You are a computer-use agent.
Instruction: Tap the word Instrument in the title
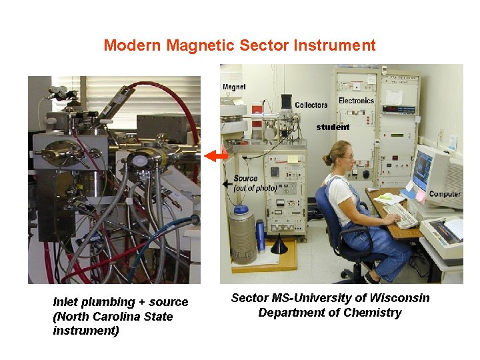(339, 45)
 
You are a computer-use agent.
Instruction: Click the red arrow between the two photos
(215, 156)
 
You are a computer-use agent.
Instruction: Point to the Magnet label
(234, 87)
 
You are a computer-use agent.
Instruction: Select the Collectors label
(311, 105)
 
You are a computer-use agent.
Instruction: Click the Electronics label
(356, 101)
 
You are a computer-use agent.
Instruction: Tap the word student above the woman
(333, 127)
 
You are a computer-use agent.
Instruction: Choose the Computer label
(444, 194)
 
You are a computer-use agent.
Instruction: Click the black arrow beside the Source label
(227, 181)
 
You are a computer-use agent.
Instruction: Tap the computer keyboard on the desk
(401, 215)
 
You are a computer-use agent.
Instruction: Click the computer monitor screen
(422, 171)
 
